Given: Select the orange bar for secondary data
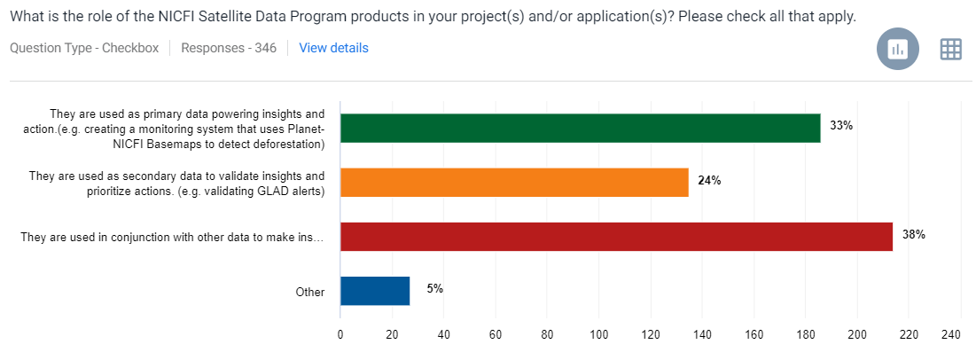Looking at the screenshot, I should (514, 183).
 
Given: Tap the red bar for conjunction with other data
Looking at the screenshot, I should (616, 237).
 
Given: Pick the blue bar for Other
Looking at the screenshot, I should (375, 291).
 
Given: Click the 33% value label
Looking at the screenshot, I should (841, 126).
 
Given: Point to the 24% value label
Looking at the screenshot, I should (709, 180).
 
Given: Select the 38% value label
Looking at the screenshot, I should (914, 235).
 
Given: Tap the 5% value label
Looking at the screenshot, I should (434, 288).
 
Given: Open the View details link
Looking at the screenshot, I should (333, 48).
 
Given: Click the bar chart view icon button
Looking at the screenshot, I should (898, 50).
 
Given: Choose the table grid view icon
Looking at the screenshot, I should (951, 50).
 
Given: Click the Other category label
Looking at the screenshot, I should (311, 292).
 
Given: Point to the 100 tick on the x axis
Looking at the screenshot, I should (599, 334).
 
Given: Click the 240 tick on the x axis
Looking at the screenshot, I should (950, 334).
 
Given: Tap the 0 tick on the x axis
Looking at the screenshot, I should (340, 334).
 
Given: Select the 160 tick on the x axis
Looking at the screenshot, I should (754, 334).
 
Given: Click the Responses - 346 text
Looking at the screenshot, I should (229, 48).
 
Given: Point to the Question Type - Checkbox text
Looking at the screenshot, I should (84, 48).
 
